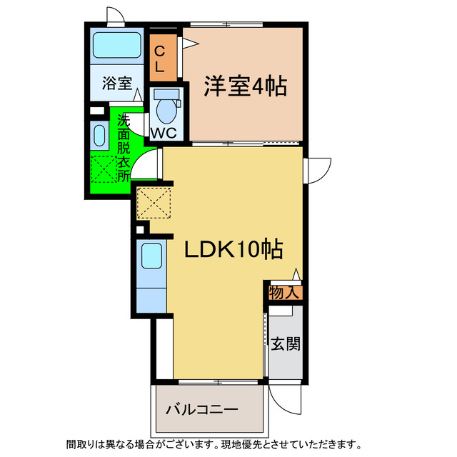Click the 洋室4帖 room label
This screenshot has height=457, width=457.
click(x=245, y=86)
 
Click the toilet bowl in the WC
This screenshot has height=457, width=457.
click(x=166, y=109)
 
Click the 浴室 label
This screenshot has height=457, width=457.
click(x=116, y=84)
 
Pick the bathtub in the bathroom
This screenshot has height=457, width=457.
click(x=118, y=46)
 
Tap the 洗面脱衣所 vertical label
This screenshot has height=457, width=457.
click(x=124, y=147)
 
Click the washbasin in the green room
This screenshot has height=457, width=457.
click(x=98, y=135)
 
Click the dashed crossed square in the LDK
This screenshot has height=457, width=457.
click(x=154, y=202)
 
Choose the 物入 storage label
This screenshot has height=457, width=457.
click(x=284, y=292)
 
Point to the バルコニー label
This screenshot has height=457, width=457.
click(x=202, y=410)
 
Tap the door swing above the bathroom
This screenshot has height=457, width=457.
click(x=114, y=16)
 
